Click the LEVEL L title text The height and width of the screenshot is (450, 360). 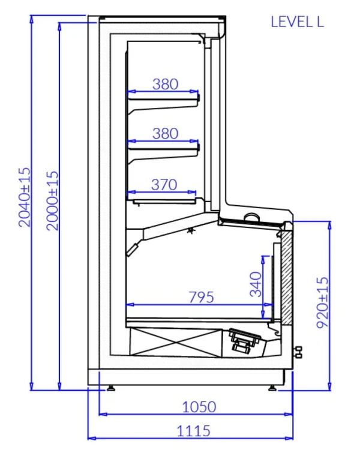[x=297, y=22]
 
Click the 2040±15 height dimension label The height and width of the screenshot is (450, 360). [x=24, y=197]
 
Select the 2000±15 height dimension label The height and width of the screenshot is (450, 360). [x=53, y=200]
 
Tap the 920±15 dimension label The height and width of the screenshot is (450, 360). [x=322, y=302]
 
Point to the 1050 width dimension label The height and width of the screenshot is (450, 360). [x=199, y=407]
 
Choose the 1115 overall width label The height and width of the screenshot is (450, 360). [x=193, y=431]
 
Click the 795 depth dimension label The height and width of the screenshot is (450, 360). [x=201, y=297]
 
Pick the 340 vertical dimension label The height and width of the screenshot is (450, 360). [x=256, y=284]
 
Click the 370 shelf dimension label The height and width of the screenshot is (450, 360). [x=164, y=185]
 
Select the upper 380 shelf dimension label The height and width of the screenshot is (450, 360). [x=165, y=84]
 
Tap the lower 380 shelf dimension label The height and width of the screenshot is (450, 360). [x=165, y=133]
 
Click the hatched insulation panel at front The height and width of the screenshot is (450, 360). [x=287, y=277]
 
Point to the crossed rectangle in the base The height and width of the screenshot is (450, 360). [x=176, y=342]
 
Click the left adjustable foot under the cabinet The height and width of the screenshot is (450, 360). [x=110, y=388]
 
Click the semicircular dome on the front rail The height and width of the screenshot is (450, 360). [x=252, y=217]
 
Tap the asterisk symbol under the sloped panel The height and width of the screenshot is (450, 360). [x=190, y=230]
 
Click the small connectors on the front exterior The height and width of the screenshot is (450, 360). [x=298, y=352]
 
